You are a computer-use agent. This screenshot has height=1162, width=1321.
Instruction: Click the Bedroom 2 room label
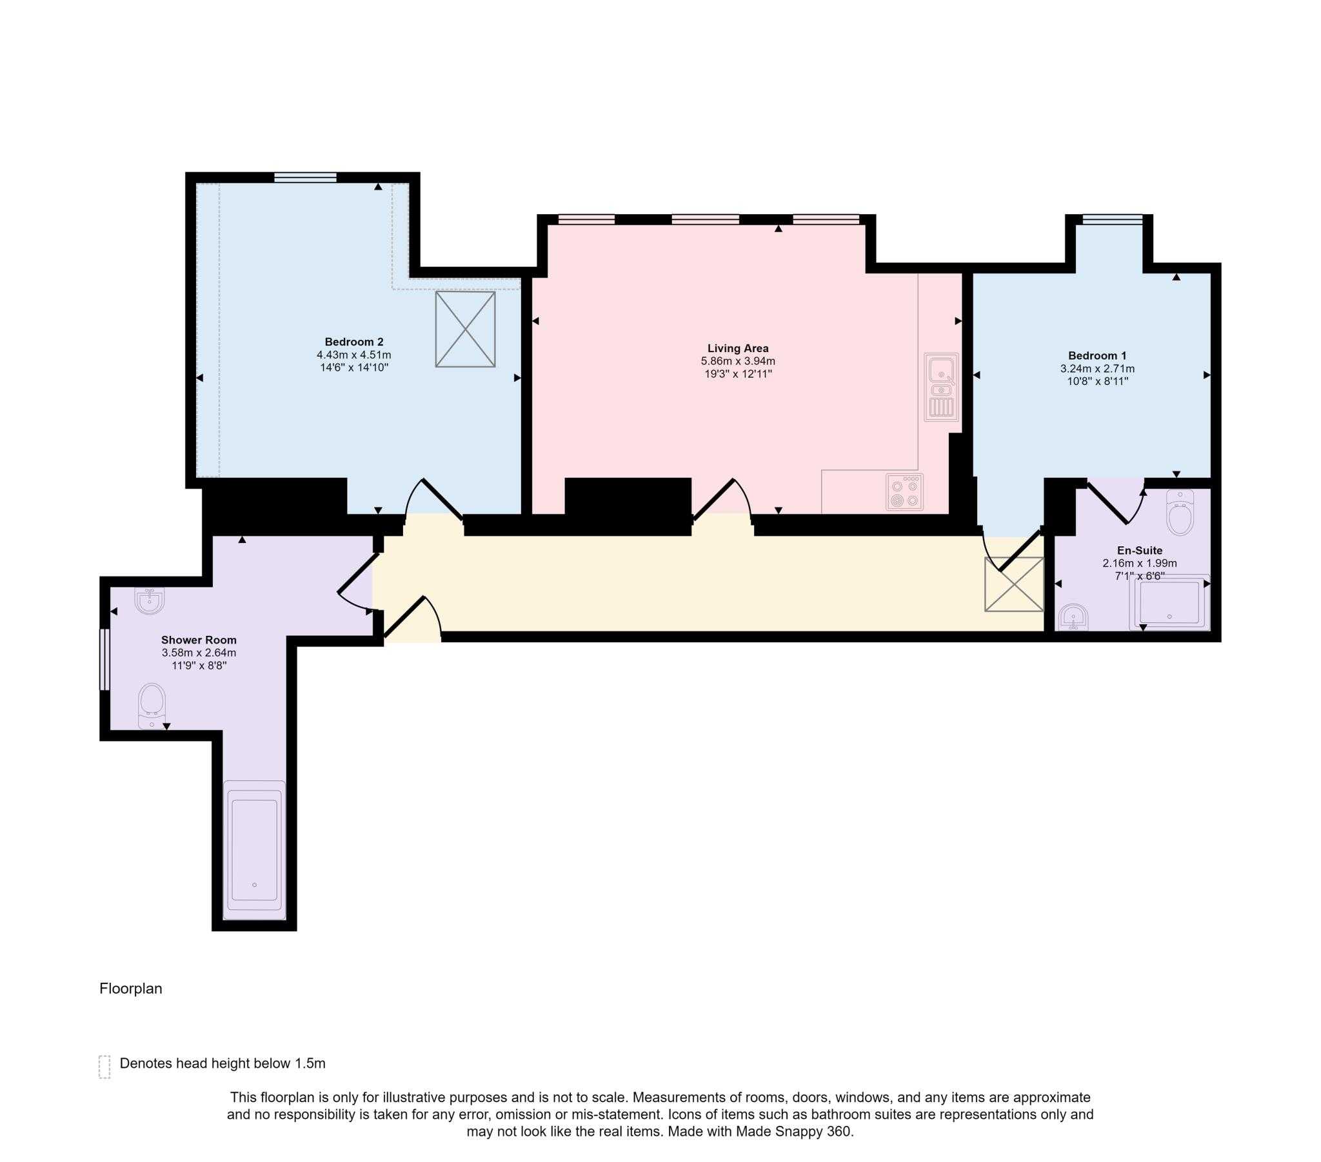(353, 342)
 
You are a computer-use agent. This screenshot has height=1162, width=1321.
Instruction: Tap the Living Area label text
(737, 348)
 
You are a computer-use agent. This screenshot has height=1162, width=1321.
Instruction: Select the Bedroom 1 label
(1097, 355)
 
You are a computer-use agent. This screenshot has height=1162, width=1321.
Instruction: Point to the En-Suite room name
(1139, 551)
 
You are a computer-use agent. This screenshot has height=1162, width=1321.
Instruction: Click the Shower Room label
(199, 640)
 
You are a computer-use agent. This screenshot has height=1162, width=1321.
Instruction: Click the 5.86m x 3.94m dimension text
(737, 361)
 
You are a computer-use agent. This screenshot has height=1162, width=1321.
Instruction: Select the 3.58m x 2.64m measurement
(199, 653)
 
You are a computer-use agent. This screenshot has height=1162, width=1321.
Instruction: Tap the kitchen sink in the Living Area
(941, 386)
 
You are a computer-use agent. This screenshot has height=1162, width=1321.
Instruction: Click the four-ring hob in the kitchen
(904, 493)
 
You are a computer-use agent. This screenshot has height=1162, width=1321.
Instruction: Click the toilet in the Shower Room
(152, 705)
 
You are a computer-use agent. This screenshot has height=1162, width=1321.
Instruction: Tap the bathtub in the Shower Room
(254, 850)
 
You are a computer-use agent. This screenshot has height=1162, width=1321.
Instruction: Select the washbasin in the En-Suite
(1073, 618)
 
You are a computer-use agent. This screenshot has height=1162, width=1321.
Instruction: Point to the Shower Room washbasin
(149, 600)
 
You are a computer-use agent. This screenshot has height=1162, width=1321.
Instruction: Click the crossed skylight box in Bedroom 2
(464, 329)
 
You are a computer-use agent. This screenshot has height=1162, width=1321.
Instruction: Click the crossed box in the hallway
(1013, 584)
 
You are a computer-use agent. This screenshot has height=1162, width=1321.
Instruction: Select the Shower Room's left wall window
(103, 659)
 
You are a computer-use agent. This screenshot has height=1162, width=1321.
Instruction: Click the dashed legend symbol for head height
(104, 1067)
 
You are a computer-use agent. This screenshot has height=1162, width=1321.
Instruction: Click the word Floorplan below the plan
(130, 989)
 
